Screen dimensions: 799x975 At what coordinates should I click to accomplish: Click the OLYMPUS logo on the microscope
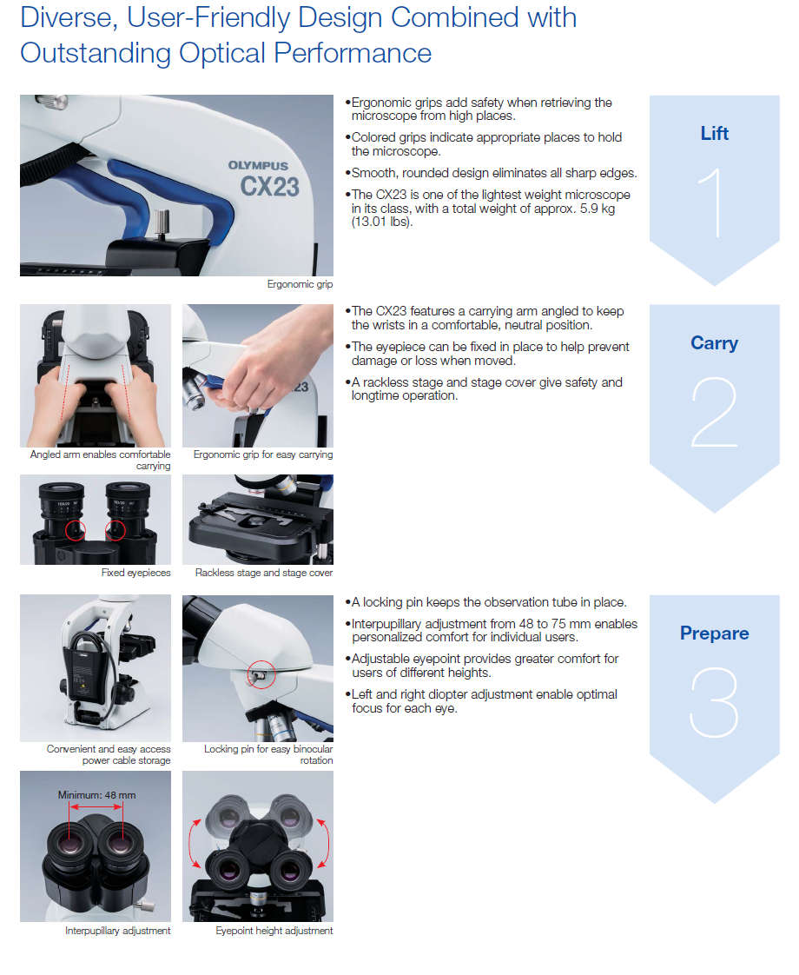pyautogui.click(x=258, y=165)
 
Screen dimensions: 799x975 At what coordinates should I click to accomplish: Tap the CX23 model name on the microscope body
pyautogui.click(x=269, y=187)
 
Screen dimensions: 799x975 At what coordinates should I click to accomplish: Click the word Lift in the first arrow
pyautogui.click(x=715, y=134)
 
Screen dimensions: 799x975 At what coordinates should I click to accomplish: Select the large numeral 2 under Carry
pyautogui.click(x=715, y=412)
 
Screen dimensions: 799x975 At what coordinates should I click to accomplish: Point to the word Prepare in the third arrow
pyautogui.click(x=715, y=633)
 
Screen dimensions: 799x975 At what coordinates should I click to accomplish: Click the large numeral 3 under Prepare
pyautogui.click(x=715, y=703)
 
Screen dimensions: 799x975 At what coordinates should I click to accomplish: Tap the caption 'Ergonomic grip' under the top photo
pyautogui.click(x=300, y=284)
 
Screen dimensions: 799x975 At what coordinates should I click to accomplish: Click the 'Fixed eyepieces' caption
pyautogui.click(x=136, y=573)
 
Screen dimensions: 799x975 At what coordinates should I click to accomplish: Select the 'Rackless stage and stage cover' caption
pyautogui.click(x=264, y=573)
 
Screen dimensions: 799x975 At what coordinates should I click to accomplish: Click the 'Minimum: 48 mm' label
pyautogui.click(x=97, y=795)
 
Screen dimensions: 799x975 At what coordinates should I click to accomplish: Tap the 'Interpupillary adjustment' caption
pyautogui.click(x=118, y=931)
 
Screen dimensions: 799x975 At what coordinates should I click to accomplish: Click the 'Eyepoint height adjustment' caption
pyautogui.click(x=274, y=931)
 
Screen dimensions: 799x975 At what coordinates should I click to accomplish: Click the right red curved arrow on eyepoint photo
pyautogui.click(x=324, y=843)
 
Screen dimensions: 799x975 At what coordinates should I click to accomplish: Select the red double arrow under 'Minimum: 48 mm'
pyautogui.click(x=96, y=807)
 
